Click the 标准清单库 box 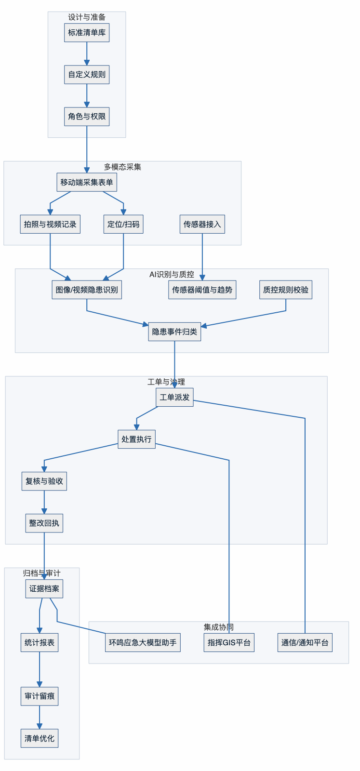coord(87,33)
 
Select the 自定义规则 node coord(87,75)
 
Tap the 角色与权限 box coord(87,117)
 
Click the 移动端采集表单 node coord(87,182)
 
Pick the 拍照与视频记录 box coord(50,224)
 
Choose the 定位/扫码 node coord(123,224)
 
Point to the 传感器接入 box coord(202,224)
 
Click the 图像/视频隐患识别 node coord(87,290)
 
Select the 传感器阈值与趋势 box coord(202,290)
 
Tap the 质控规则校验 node coord(286,290)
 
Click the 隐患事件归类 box coord(174,332)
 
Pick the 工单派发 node coord(174,397)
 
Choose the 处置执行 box coord(136,439)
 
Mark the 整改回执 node coord(44,523)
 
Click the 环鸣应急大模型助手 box coord(143,642)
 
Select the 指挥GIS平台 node coord(229,642)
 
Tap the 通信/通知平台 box coord(305,642)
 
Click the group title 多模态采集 coord(122,167)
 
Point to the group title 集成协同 coord(219,627)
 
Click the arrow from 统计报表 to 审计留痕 coord(40,670)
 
